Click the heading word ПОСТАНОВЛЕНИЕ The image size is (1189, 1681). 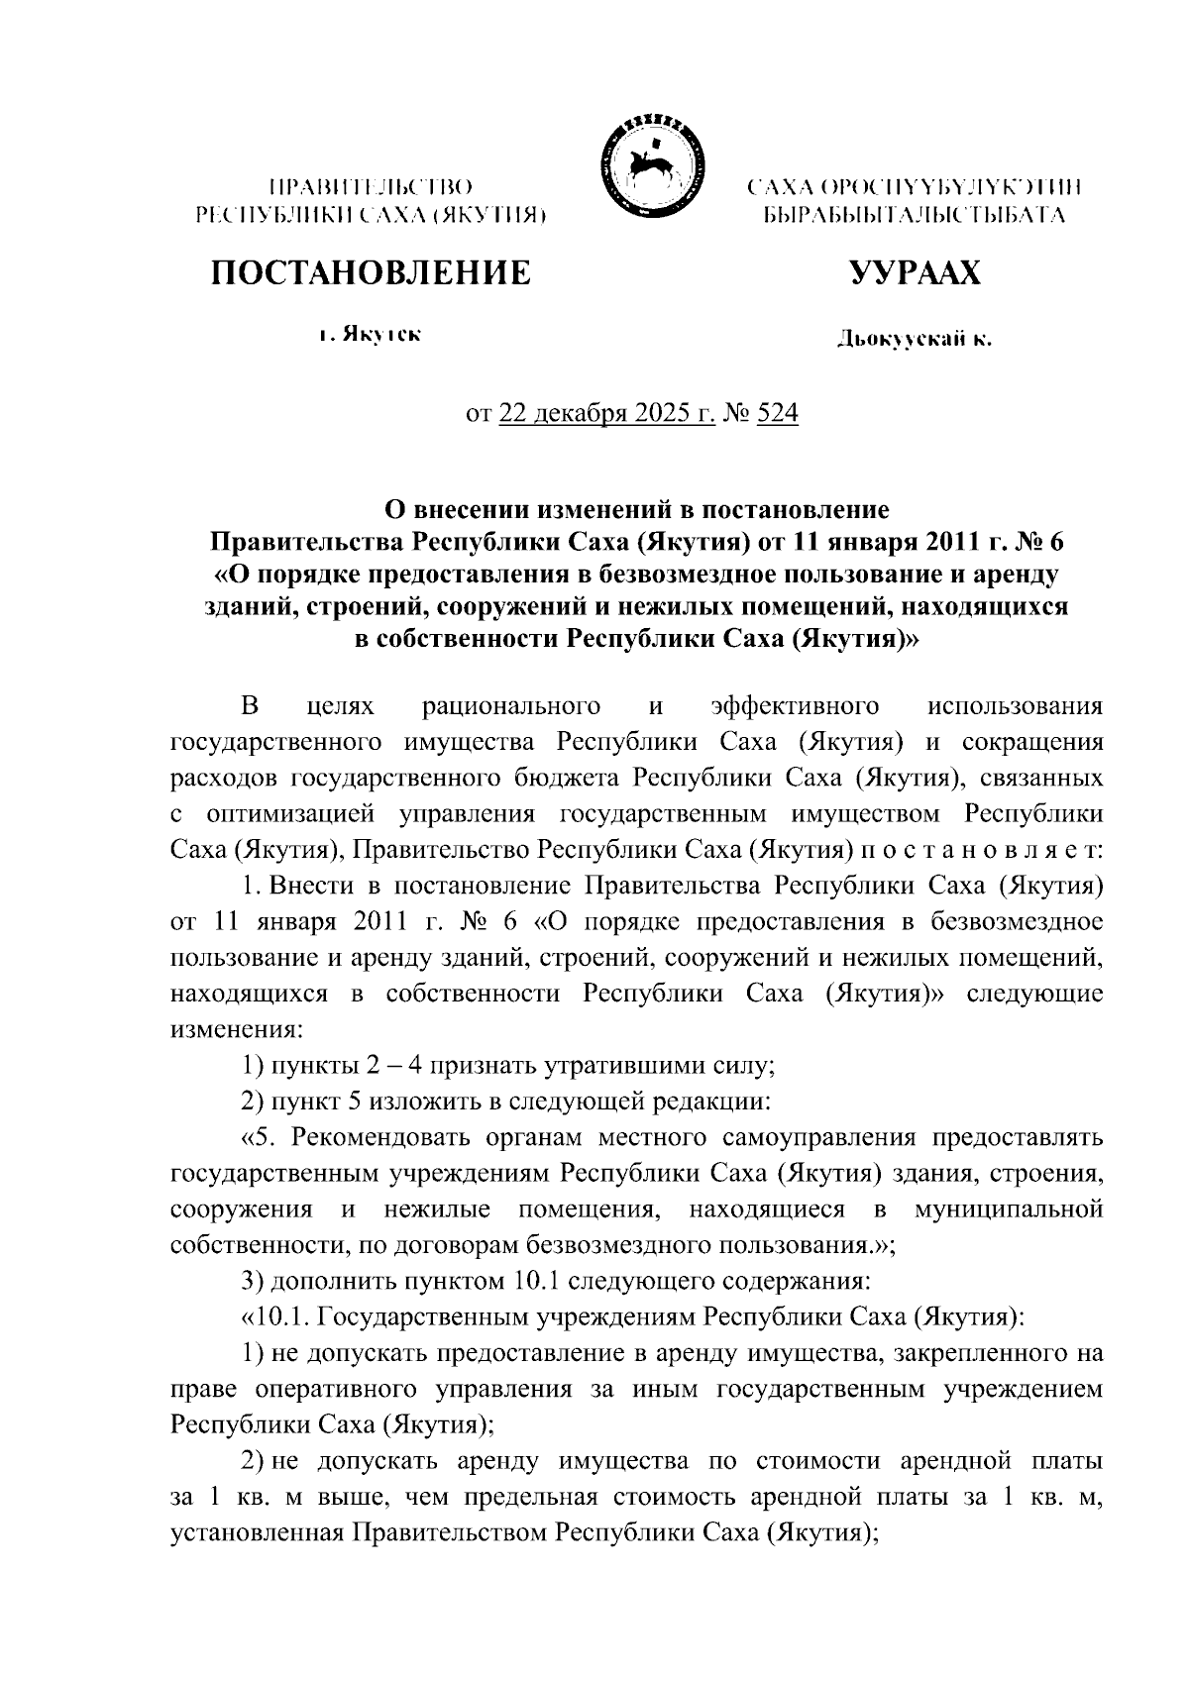click(371, 272)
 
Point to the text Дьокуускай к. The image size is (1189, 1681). click(914, 341)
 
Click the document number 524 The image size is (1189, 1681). click(778, 414)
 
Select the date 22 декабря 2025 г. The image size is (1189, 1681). click(607, 414)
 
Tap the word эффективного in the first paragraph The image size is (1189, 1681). click(796, 706)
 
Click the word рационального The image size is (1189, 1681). click(510, 706)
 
